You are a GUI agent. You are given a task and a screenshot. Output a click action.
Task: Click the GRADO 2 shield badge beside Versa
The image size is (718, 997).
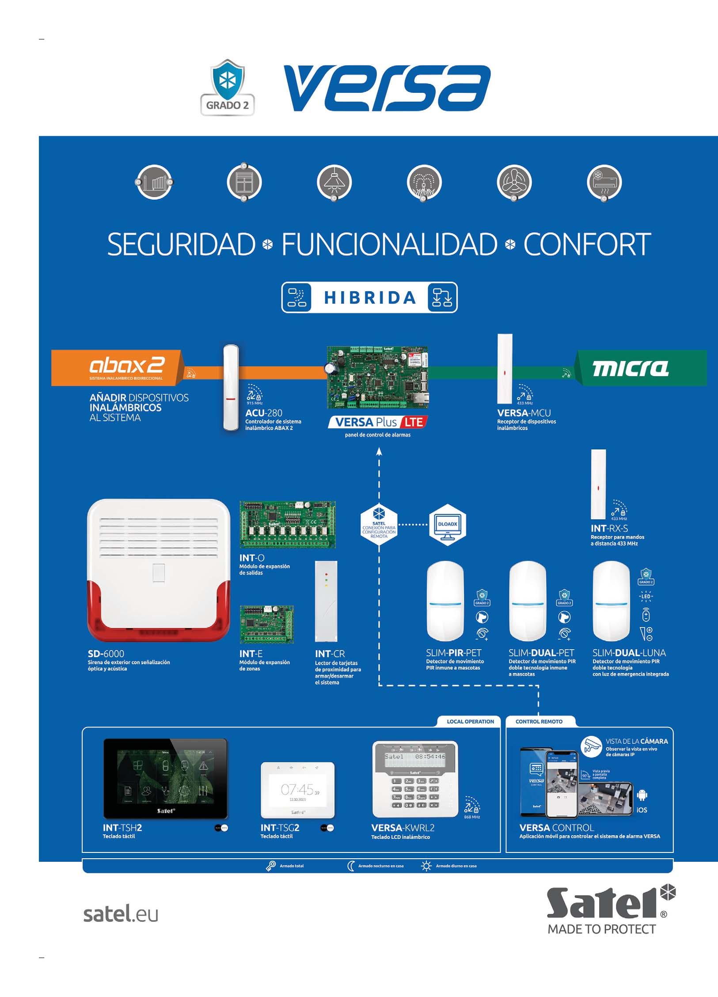point(228,88)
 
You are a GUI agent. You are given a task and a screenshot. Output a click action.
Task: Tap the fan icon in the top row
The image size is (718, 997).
point(514,182)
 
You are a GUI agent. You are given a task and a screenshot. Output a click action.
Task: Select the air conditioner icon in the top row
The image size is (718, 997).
point(604,182)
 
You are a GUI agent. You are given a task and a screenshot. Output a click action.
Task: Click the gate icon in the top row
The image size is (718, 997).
point(154,182)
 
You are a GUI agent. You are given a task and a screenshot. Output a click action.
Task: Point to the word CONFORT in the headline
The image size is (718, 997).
point(587,244)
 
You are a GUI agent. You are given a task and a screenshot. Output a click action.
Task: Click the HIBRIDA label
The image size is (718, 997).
point(370,297)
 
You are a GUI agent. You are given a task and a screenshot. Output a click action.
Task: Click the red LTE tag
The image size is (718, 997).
point(414,422)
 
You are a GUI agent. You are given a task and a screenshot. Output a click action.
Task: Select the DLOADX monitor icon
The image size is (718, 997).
point(448,525)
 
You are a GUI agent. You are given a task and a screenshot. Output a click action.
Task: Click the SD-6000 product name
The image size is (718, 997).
point(106,654)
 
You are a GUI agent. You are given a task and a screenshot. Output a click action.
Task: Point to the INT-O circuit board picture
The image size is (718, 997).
point(288,525)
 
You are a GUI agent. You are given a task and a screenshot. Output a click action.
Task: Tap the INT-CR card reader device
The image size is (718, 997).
point(326,601)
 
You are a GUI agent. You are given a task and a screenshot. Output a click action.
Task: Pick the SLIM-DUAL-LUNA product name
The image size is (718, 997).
point(629,653)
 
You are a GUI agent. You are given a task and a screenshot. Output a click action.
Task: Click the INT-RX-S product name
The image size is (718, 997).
point(609,528)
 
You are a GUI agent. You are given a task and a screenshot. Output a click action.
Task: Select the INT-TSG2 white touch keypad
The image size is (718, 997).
point(297,790)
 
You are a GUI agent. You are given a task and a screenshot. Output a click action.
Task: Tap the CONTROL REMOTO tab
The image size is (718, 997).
point(539,722)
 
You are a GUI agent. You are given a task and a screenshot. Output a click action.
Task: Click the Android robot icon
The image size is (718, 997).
point(642,795)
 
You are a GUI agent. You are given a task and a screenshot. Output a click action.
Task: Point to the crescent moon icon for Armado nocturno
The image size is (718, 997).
point(351,866)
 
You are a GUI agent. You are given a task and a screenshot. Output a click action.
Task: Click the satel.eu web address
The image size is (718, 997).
point(121,914)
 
